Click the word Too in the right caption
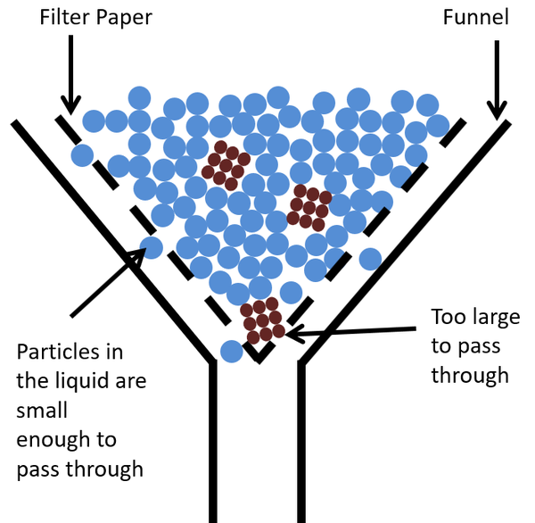(450, 317)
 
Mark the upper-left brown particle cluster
(221, 165)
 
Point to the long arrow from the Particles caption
(107, 283)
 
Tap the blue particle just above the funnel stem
(231, 351)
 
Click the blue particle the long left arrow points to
(151, 247)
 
